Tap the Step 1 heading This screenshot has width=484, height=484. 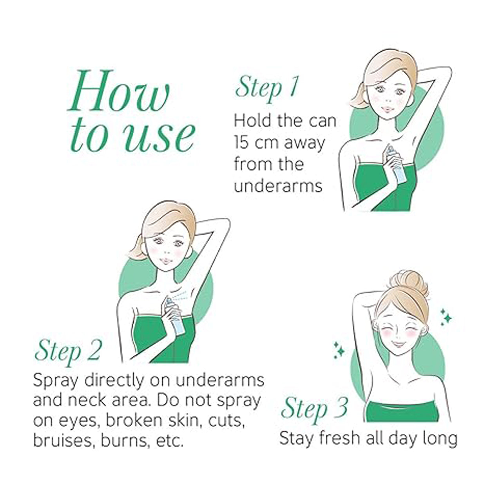pyautogui.click(x=267, y=89)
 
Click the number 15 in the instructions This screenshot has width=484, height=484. pyautogui.click(x=242, y=143)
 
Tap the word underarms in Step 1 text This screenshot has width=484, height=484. pyautogui.click(x=278, y=186)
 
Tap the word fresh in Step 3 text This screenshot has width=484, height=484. pyautogui.click(x=339, y=438)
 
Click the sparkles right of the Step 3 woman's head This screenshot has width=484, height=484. pyautogui.click(x=446, y=317)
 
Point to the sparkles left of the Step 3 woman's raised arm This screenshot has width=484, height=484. pyautogui.click(x=339, y=350)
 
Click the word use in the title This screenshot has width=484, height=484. pyautogui.click(x=160, y=137)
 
